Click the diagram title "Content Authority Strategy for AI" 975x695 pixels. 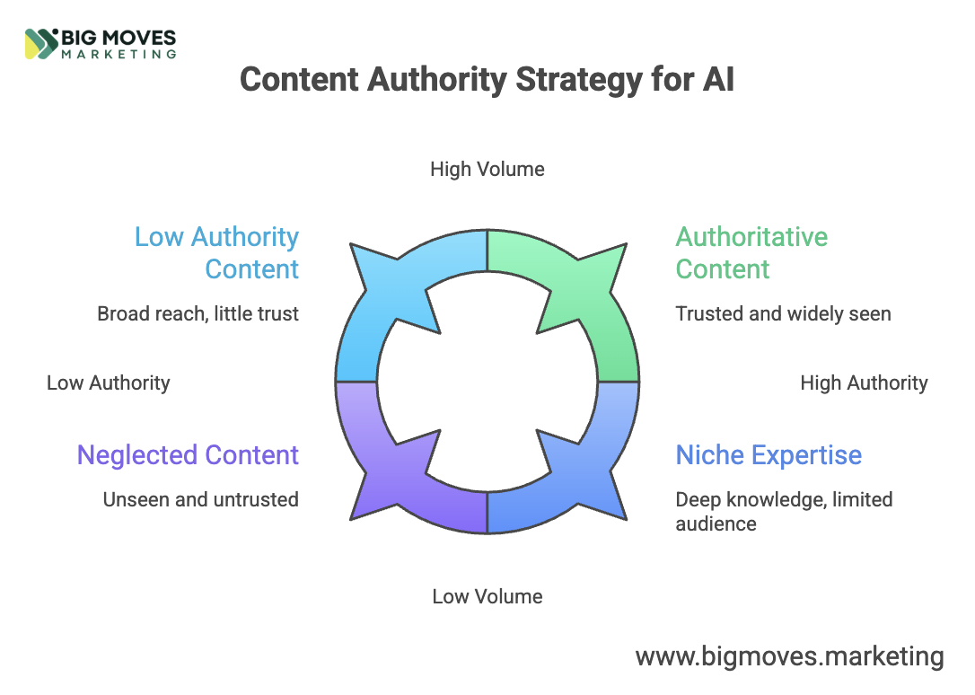coord(487,80)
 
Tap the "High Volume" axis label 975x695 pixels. coord(487,169)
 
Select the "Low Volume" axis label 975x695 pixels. coord(487,596)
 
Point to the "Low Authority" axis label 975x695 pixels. coord(108,383)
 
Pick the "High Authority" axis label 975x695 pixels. coord(864,383)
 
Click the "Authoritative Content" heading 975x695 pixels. coord(751,252)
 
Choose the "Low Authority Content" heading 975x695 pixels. coord(216,252)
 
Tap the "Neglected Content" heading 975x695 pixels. coord(188,454)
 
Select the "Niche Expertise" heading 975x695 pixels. coord(769,454)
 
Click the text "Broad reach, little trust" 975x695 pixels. coord(198,314)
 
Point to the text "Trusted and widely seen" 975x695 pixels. coord(783,314)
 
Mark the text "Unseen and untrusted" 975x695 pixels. coord(200,499)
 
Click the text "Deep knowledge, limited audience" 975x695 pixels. coord(784,511)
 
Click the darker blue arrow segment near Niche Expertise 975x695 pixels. coord(584,476)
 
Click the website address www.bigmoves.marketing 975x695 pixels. coord(789,656)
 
